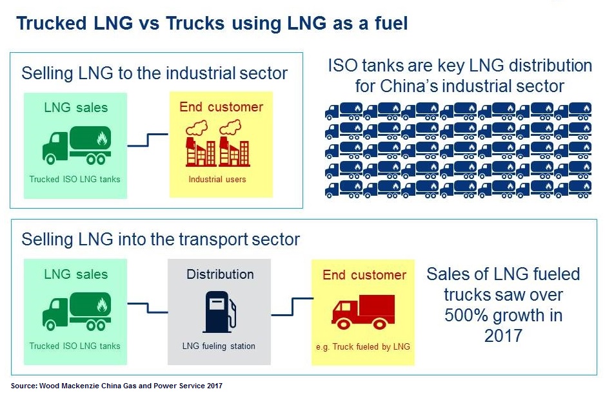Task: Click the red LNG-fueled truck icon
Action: [x=363, y=312]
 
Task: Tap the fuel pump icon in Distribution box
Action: [x=219, y=312]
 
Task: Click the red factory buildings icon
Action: [x=217, y=143]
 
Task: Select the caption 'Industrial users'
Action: [x=217, y=179]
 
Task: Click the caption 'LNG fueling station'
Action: [x=219, y=346]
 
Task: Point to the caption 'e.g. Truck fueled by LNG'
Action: [x=363, y=346]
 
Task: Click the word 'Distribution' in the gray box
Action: [x=221, y=274]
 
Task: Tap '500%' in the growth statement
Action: [x=466, y=315]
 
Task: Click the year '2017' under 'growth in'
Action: [x=503, y=335]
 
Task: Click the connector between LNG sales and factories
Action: [x=148, y=140]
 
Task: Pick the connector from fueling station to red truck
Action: [x=292, y=306]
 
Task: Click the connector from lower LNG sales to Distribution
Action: [x=148, y=308]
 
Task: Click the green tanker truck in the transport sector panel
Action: [x=77, y=311]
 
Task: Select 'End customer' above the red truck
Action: [x=364, y=275]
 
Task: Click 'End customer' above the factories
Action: [x=221, y=107]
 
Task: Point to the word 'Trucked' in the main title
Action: [x=52, y=23]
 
